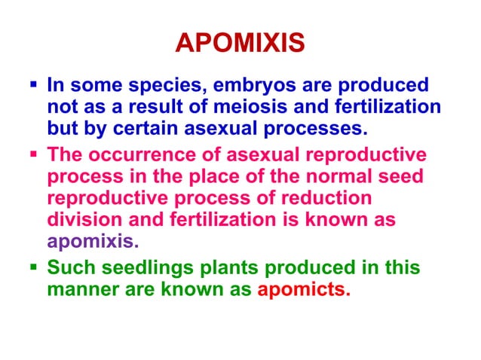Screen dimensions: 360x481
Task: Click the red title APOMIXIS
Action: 240,44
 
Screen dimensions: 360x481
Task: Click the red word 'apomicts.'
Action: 304,289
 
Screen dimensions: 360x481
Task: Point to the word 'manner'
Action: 78,289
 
